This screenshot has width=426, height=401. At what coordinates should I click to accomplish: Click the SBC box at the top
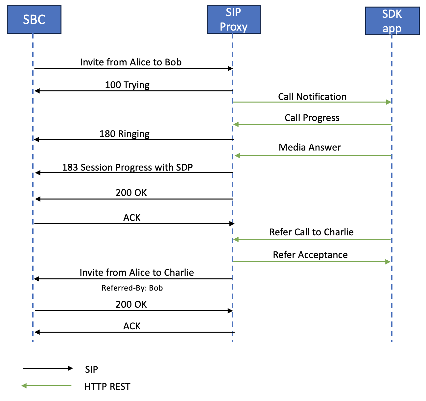[34, 19]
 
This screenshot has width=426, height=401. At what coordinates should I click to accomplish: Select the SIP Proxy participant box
[233, 19]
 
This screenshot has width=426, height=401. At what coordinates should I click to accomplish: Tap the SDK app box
[392, 21]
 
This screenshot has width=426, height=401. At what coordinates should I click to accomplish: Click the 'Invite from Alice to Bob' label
[131, 62]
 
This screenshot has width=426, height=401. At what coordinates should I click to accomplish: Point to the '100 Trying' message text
[127, 85]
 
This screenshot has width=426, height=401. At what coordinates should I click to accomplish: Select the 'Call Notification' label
[312, 97]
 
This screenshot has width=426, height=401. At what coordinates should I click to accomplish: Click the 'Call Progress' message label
[312, 118]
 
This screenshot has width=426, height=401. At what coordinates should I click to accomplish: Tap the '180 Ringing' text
[125, 134]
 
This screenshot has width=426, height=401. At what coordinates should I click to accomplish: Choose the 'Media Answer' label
[310, 147]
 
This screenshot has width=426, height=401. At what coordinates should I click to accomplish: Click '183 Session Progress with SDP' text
[128, 167]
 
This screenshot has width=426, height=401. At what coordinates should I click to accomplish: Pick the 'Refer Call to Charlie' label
[311, 232]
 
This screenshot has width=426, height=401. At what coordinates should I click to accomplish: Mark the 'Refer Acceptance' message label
[310, 255]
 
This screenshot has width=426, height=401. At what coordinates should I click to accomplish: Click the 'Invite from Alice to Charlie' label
[137, 272]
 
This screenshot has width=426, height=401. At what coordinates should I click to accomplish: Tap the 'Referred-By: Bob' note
[132, 288]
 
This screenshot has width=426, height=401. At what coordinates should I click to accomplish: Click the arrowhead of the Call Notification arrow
[389, 102]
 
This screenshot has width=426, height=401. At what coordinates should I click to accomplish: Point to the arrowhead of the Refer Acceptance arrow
[388, 262]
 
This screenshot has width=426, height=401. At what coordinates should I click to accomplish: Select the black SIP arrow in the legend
[48, 368]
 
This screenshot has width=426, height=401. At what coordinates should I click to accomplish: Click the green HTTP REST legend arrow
[46, 386]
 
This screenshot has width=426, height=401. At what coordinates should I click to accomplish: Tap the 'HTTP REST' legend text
[107, 387]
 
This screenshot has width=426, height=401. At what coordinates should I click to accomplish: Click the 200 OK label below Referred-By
[131, 304]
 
